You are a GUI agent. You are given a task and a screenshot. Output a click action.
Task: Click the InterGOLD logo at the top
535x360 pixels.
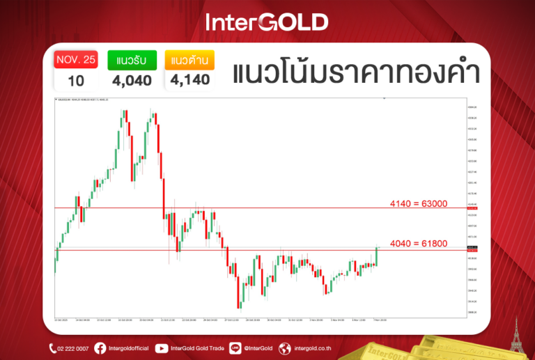[x=267, y=22]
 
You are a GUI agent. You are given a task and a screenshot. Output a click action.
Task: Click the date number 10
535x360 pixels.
[x=76, y=80]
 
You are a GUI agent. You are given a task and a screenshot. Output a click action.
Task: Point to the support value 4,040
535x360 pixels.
[x=132, y=80]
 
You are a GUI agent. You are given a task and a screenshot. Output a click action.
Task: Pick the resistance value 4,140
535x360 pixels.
[x=189, y=80]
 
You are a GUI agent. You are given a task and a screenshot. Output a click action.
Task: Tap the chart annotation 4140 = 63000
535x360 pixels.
[x=418, y=203]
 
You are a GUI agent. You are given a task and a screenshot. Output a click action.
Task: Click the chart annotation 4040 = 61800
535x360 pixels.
[x=418, y=244]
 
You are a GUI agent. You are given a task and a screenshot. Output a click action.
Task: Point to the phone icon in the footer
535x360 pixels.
[x=53, y=348]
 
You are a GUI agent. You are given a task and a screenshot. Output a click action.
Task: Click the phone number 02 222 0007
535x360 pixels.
[x=74, y=348]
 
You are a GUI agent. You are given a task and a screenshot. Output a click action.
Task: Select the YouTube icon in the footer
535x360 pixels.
[x=162, y=348]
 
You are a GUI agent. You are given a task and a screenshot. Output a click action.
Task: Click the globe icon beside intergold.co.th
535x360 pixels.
[x=284, y=348]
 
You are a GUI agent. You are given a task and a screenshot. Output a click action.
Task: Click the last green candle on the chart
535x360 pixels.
[x=376, y=256]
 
